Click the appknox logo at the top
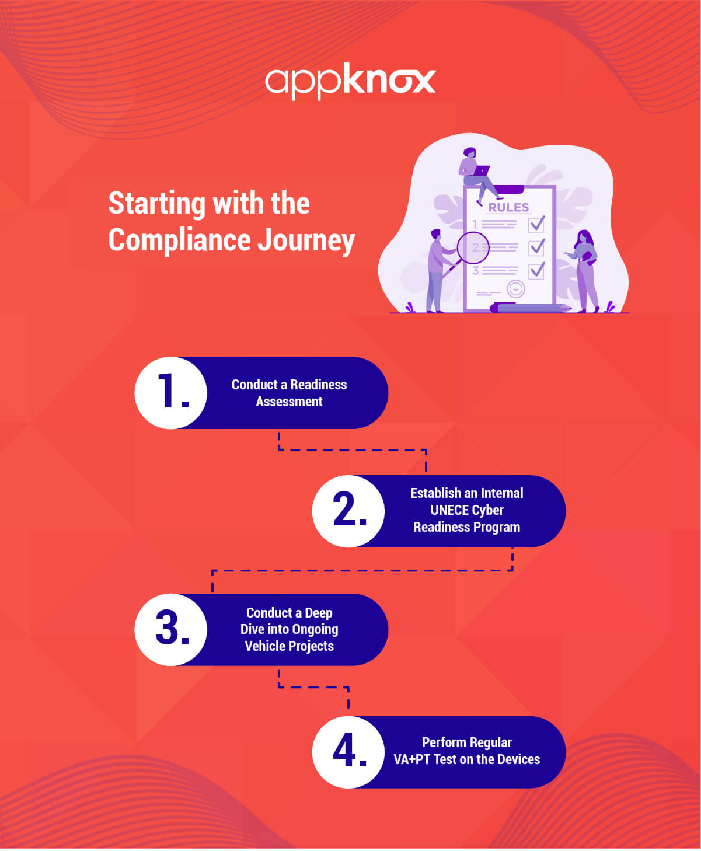pos(350,81)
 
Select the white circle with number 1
pos(171,393)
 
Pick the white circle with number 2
pos(348,511)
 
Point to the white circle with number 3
pos(171,630)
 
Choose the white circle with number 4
pos(348,752)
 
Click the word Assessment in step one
pos(289,402)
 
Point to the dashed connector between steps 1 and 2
pos(353,450)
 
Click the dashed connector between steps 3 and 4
pos(314,687)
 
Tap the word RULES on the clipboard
pos(508,207)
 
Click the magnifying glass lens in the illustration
pos(473,248)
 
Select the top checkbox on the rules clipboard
pos(536,224)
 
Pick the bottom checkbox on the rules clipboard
pos(536,270)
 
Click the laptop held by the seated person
pos(482,171)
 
